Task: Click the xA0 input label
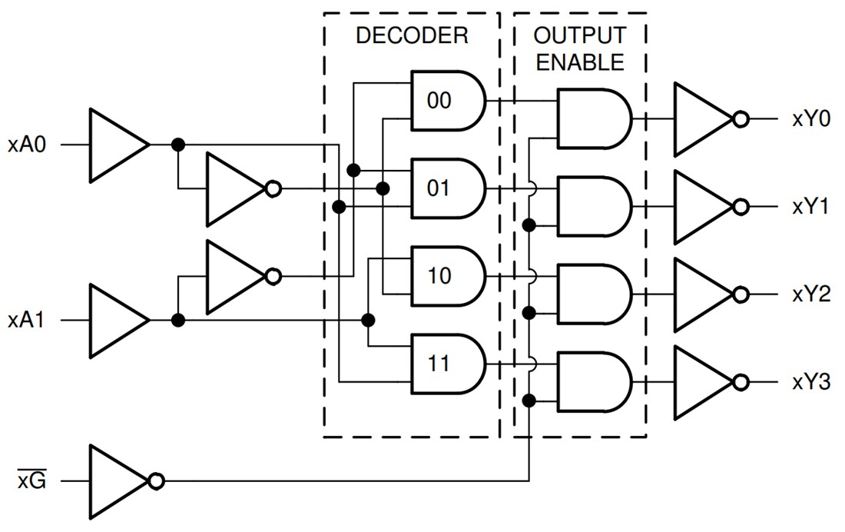pos(28,145)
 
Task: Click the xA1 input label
pos(28,320)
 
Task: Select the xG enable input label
pos(31,482)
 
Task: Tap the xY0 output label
pos(810,119)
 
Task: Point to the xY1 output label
pos(810,207)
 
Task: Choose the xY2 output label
pos(810,294)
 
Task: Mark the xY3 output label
pos(810,382)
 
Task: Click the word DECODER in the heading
pos(412,36)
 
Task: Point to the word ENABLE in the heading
pos(580,62)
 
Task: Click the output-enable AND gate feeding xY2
pos(591,294)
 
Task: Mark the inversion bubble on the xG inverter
pos(156,481)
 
